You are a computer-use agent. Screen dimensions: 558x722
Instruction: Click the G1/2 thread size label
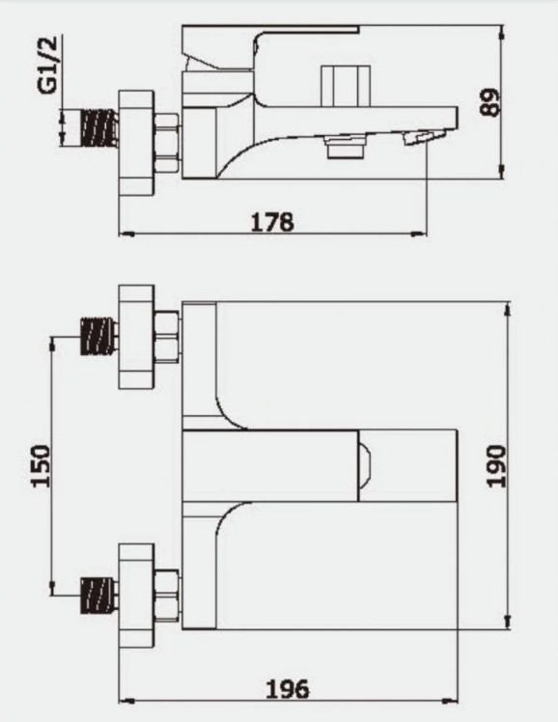[x=49, y=65]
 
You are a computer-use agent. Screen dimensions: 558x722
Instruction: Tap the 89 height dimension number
[x=489, y=102]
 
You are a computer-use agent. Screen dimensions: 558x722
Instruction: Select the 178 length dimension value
[x=272, y=222]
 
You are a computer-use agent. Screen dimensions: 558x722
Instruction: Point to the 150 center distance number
[x=40, y=465]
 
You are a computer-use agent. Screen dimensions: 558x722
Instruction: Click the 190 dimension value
[x=496, y=465]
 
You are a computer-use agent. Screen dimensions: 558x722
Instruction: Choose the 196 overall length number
[x=288, y=689]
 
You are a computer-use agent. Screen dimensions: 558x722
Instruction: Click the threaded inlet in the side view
[x=99, y=127]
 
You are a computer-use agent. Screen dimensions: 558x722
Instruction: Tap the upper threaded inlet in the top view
[x=99, y=337]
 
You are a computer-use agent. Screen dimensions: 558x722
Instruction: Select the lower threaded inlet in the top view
[x=99, y=595]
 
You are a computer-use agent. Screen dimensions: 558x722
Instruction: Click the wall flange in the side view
[x=136, y=144]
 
